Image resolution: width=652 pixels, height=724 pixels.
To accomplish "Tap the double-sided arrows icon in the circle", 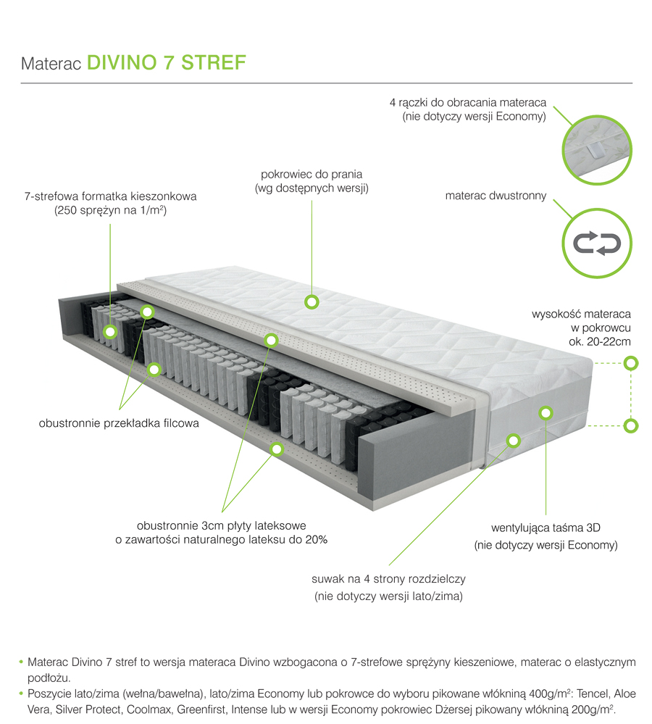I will click(x=597, y=243).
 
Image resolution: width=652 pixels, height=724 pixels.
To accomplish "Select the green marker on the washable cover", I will click(x=312, y=301).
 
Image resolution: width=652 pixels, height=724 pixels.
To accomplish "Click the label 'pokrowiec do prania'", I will click(x=312, y=175).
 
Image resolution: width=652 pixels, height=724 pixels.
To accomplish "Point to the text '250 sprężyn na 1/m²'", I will click(x=110, y=211).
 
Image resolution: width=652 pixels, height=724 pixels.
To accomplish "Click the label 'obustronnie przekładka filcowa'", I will click(x=119, y=423).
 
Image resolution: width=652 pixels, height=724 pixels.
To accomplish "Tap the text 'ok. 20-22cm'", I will click(x=599, y=341).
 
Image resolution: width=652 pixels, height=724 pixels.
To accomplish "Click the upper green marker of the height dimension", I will click(x=631, y=362).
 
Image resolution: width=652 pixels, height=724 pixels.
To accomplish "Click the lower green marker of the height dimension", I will click(x=631, y=425).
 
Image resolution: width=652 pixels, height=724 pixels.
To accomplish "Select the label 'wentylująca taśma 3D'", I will click(x=546, y=527).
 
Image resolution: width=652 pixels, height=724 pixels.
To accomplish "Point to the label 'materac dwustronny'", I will click(x=496, y=196).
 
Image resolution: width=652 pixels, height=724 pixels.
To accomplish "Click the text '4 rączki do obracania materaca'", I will click(x=467, y=103).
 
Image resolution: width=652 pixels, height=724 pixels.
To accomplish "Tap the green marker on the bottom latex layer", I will click(x=276, y=449).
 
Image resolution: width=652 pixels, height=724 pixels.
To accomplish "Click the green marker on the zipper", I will click(x=513, y=439).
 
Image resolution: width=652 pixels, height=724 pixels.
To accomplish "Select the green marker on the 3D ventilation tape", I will click(x=546, y=413).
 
